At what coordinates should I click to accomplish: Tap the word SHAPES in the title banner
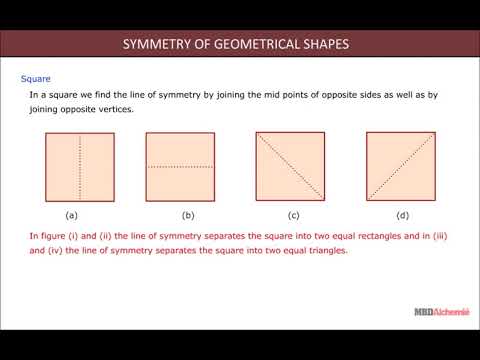coord(325,44)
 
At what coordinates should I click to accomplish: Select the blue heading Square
coord(36,77)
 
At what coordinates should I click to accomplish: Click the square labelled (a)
coord(72,168)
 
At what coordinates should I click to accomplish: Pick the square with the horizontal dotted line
coord(181,168)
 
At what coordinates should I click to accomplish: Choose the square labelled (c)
coord(291,168)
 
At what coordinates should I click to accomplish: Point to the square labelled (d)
coord(401,168)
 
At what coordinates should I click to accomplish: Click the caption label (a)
coord(72,216)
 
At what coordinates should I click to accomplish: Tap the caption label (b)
coord(187,216)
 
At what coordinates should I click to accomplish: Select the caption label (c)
coord(293,216)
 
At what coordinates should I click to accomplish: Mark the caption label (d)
coord(402,216)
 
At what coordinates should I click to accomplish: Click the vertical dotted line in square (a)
coord(78,168)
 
